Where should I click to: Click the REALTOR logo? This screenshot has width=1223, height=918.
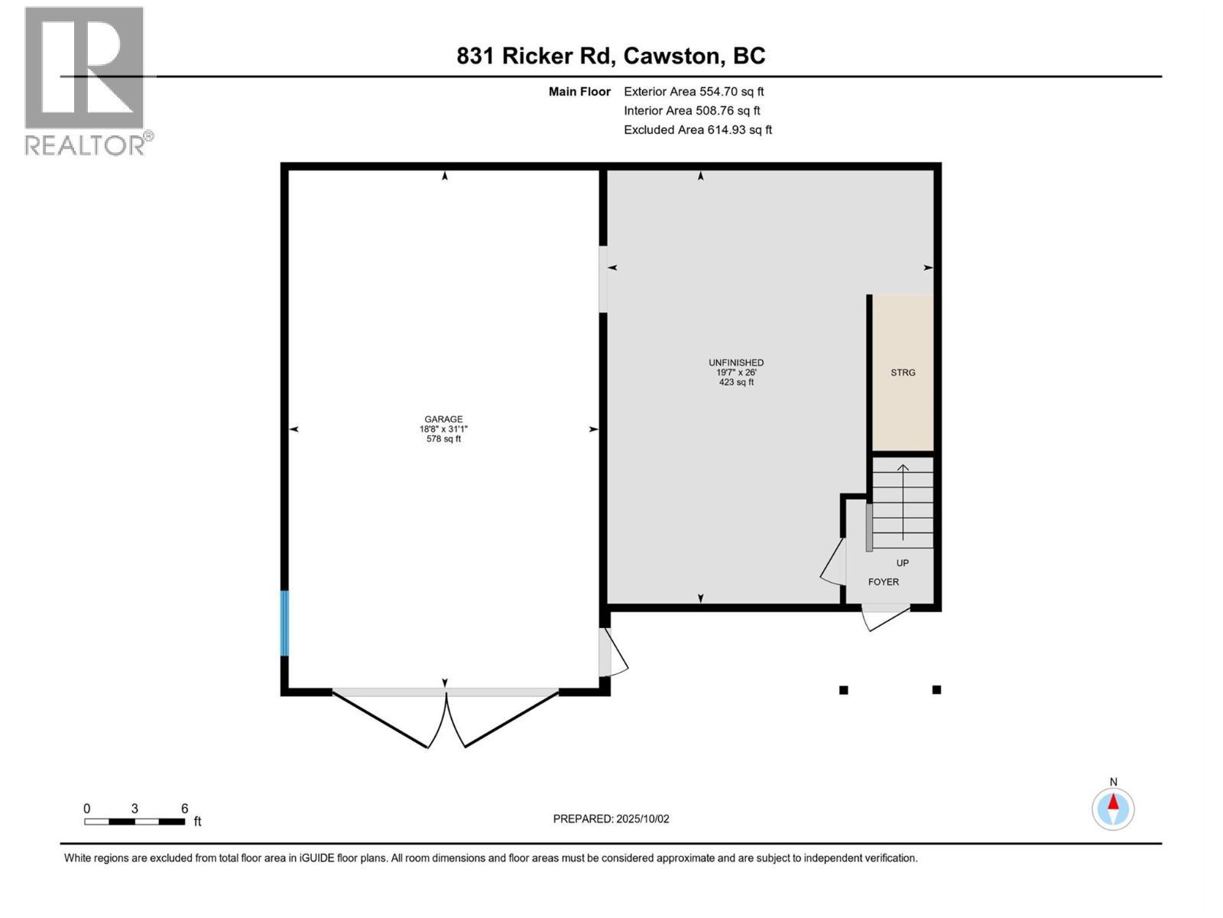pyautogui.click(x=86, y=80)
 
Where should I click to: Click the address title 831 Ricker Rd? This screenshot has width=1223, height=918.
pyautogui.click(x=611, y=56)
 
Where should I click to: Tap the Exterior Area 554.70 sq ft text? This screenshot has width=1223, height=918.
pyautogui.click(x=693, y=92)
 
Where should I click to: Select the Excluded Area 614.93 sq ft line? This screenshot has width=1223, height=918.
pyautogui.click(x=697, y=130)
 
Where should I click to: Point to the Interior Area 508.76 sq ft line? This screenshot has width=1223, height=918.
pyautogui.click(x=692, y=111)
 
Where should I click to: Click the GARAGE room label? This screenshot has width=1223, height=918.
pyautogui.click(x=443, y=419)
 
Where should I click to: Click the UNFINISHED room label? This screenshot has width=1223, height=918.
pyautogui.click(x=736, y=363)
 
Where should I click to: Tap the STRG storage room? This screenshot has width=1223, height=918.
pyautogui.click(x=903, y=373)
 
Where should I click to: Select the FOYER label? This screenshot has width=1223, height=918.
pyautogui.click(x=883, y=582)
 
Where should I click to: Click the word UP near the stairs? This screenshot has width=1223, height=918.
pyautogui.click(x=902, y=563)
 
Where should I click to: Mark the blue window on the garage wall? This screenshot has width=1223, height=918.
pyautogui.click(x=284, y=623)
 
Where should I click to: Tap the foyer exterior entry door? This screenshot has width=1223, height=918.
pyautogui.click(x=884, y=617)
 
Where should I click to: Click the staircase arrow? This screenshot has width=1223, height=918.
pyautogui.click(x=903, y=502)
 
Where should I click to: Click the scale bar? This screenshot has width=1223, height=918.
pyautogui.click(x=135, y=822)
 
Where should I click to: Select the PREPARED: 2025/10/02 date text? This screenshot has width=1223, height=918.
pyautogui.click(x=611, y=819)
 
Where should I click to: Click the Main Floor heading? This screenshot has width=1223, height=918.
pyautogui.click(x=579, y=92)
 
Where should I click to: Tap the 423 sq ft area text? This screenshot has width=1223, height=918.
pyautogui.click(x=736, y=382)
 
